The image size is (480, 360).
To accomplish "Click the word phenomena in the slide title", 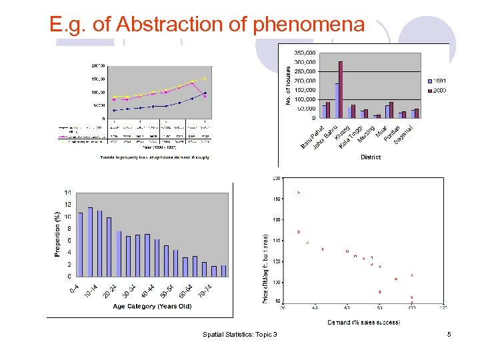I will pos(309,25).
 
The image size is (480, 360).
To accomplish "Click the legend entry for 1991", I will pos(437,81).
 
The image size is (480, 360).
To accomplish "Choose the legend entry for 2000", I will pos(437,90).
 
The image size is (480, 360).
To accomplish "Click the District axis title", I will pos(371,157).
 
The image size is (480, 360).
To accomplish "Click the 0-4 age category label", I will pos(75,289).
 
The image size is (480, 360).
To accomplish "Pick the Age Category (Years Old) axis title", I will pos(152,307).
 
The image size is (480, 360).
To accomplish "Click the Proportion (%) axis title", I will pos(58,233).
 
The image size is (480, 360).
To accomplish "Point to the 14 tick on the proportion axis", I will pos(67,192).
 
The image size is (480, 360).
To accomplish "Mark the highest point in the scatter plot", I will pos(299,193).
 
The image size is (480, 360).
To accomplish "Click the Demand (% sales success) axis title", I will pos(363,323).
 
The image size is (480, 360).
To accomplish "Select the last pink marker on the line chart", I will pos(205,97).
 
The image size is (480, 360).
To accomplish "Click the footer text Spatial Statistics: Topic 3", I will pos(240,334).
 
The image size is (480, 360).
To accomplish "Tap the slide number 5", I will pos(449,334).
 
